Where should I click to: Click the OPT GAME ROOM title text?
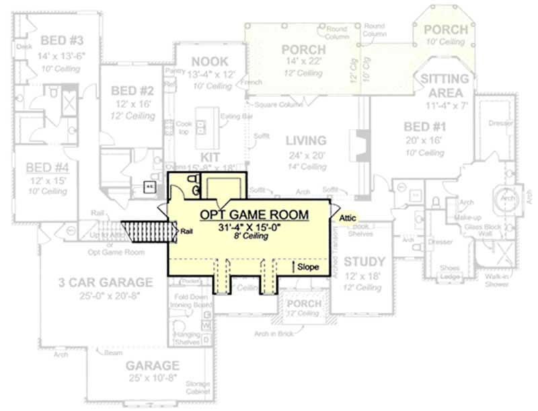[254, 215]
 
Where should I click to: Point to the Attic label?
[347, 218]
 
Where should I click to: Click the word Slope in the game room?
[308, 267]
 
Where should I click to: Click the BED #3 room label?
[61, 38]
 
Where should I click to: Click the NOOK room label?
[209, 62]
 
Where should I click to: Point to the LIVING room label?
[306, 141]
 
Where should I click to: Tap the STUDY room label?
[364, 262]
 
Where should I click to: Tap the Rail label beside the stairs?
[188, 231]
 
